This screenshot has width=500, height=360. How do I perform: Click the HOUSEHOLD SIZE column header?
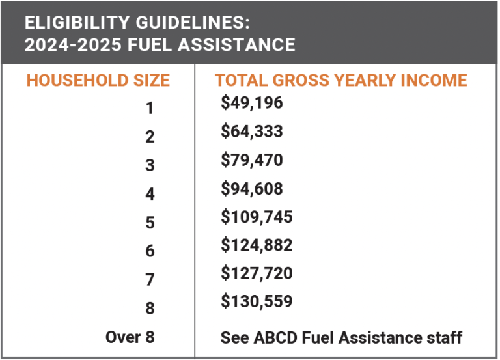(x=98, y=81)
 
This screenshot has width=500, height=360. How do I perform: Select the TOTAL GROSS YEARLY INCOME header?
(x=341, y=81)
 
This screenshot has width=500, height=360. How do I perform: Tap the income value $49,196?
(x=252, y=103)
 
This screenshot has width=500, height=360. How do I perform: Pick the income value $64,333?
(x=252, y=132)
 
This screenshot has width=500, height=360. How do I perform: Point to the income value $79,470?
(x=252, y=159)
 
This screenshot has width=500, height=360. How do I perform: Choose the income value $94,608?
(x=252, y=189)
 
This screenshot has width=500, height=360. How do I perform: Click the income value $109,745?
(x=257, y=217)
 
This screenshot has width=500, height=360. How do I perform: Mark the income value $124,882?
(x=257, y=245)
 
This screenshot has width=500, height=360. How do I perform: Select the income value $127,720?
(x=257, y=273)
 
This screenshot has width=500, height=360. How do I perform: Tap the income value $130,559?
(x=257, y=302)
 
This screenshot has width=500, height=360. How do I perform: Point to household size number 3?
(x=150, y=166)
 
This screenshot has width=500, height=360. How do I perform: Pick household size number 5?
(x=150, y=223)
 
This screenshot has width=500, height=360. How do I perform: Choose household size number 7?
(x=150, y=280)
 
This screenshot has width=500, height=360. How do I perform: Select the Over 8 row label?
(x=130, y=337)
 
